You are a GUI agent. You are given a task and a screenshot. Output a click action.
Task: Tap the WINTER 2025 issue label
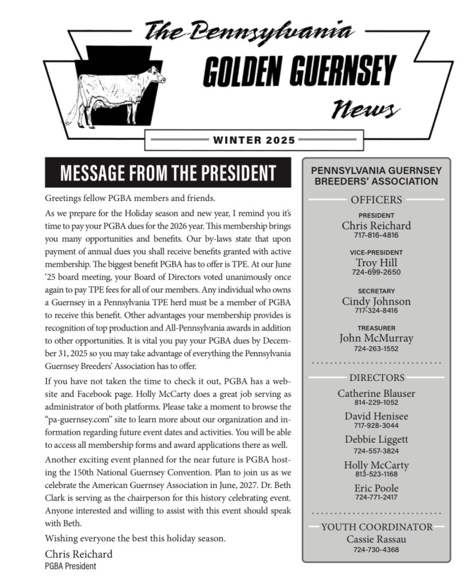point(254,140)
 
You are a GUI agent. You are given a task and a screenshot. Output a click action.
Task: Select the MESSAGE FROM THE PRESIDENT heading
point(168,173)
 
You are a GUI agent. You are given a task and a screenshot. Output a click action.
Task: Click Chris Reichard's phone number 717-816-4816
point(376,235)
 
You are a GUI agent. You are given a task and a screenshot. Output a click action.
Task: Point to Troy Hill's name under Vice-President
point(376,263)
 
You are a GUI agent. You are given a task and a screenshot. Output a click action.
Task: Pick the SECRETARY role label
point(376,291)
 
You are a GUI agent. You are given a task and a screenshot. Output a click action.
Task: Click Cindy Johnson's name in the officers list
point(376,301)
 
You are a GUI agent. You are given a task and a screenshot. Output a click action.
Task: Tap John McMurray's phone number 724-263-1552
point(376,348)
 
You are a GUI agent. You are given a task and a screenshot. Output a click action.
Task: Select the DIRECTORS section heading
point(376,377)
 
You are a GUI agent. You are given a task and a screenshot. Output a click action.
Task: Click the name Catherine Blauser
point(376,394)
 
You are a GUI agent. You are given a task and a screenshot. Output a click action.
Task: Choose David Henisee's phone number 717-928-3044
point(376,426)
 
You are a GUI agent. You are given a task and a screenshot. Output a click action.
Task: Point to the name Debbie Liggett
point(376,440)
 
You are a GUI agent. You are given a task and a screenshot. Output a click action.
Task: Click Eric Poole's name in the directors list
point(376,488)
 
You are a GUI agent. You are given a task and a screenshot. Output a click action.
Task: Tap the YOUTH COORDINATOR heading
point(376,527)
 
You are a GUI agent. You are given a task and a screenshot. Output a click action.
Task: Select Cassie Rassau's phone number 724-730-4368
point(376,550)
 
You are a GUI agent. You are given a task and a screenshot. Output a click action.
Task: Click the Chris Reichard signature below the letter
point(78,554)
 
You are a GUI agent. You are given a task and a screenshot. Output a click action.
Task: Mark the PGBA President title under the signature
point(70,566)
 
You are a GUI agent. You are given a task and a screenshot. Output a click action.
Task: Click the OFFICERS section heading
point(376,200)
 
